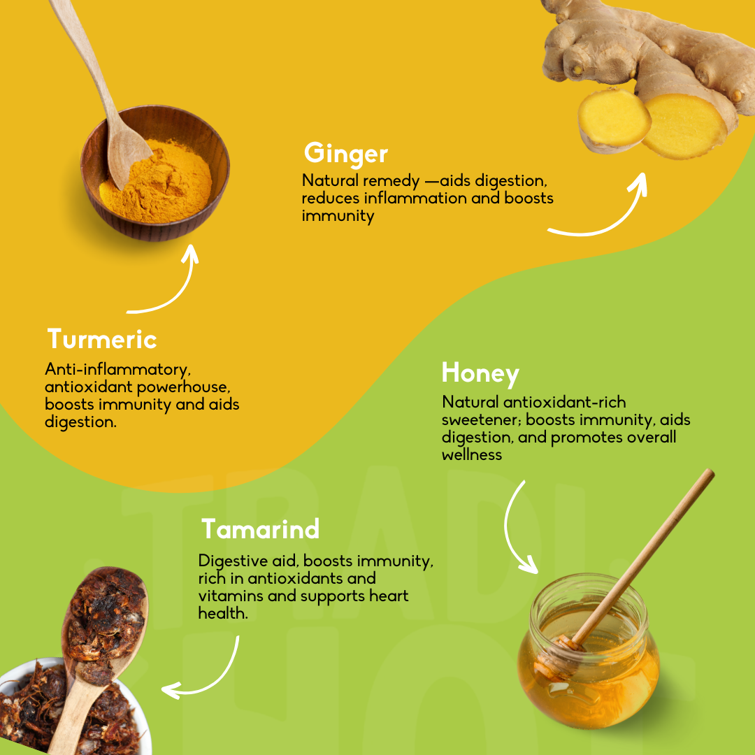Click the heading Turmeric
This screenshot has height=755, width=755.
click(x=102, y=339)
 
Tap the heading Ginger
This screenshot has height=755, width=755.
click(x=346, y=154)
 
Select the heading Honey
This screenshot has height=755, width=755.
click(x=480, y=373)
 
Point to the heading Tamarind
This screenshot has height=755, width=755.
click(x=260, y=528)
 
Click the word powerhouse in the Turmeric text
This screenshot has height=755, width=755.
click(x=183, y=387)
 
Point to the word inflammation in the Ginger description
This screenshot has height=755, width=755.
click(x=415, y=198)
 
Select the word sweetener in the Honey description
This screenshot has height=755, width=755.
click(x=482, y=420)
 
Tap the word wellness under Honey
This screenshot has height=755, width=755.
click(x=472, y=454)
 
